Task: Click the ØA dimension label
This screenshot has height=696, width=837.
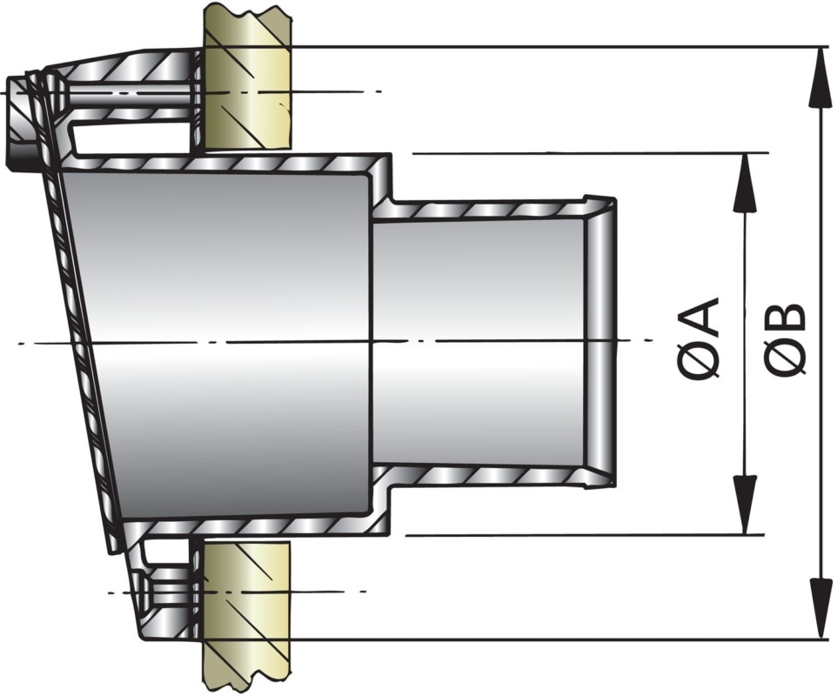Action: click(701, 338)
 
